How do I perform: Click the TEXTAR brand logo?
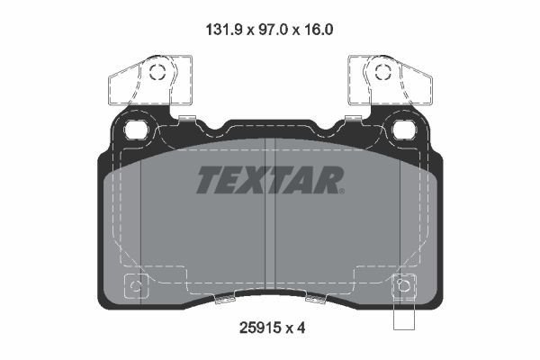(x=268, y=179)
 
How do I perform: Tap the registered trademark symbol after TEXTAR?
(x=340, y=191)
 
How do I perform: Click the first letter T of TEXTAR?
(x=206, y=180)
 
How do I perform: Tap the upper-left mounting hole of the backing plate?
(x=138, y=128)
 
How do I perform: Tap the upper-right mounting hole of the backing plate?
(x=402, y=128)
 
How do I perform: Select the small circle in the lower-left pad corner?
(x=135, y=288)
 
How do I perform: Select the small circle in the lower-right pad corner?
(x=403, y=288)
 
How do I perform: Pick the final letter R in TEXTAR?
(x=328, y=180)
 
